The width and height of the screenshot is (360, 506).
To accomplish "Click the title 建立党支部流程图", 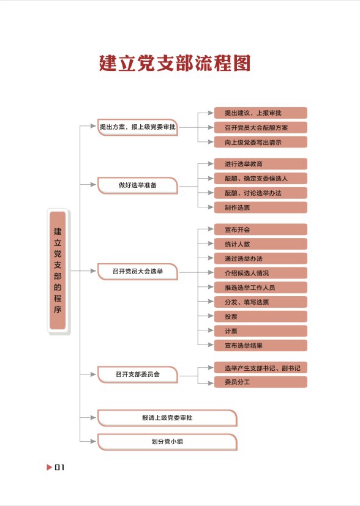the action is point(174,63).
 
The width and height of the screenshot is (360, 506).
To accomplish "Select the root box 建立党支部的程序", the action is point(58,270).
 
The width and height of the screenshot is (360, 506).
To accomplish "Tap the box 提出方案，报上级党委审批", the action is point(138,127).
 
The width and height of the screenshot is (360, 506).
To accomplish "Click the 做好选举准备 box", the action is point(138,185).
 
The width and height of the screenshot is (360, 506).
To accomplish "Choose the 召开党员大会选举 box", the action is point(138,272).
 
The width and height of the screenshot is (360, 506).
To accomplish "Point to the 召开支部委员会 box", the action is point(138,374).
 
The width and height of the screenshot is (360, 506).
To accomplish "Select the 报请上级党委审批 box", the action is point(167,418).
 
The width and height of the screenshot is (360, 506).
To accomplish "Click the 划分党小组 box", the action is point(167,442).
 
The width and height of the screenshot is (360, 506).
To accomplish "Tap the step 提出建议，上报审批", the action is point(261,113).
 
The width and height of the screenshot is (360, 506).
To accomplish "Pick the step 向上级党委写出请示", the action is point(261,142).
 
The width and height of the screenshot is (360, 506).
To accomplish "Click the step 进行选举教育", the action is point(261,164).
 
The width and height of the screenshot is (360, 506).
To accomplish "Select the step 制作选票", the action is point(261,207).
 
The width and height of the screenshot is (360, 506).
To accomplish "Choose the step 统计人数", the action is point(261,244).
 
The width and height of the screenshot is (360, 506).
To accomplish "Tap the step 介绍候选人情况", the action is point(261,273).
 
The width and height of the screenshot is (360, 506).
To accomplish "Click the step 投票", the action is point(261,316).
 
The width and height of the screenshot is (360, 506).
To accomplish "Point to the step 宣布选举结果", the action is point(261,346).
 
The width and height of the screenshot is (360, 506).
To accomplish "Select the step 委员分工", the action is point(261,382).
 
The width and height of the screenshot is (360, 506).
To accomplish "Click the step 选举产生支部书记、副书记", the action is point(261,368).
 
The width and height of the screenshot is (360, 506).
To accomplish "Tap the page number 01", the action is point(60,467).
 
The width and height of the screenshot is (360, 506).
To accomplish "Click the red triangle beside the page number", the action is point(49,467).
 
